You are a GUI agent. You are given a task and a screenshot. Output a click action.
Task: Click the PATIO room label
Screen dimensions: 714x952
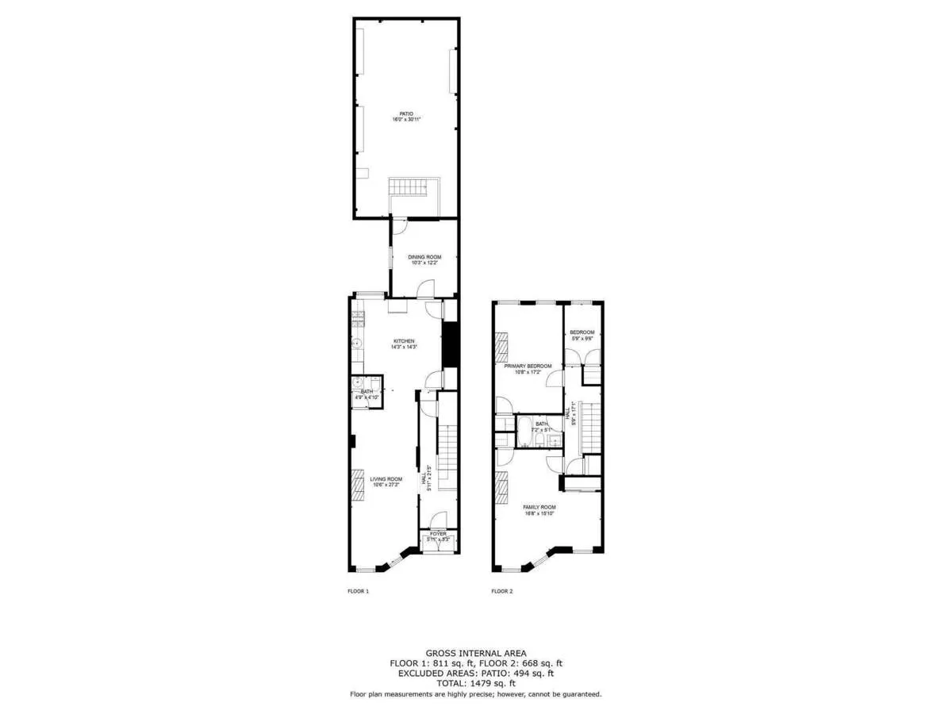point(405,117)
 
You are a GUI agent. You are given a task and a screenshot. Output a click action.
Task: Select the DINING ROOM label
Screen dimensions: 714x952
point(424,259)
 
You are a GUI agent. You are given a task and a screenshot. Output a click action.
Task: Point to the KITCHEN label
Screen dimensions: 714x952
point(404,344)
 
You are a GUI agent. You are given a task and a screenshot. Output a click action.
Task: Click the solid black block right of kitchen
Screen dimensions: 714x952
point(450,344)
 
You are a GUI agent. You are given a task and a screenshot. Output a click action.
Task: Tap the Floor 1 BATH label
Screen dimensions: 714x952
point(366,393)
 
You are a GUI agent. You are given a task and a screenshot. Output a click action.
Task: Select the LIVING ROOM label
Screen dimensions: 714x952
point(386,481)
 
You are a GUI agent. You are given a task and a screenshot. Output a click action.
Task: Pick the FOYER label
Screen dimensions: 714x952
point(438,536)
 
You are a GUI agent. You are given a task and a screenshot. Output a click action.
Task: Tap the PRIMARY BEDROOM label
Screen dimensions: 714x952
point(528,368)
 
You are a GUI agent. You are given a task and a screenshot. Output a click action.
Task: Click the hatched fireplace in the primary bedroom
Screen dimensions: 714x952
point(501,346)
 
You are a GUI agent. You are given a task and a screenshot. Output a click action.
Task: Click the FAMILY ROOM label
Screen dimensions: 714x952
point(539,509)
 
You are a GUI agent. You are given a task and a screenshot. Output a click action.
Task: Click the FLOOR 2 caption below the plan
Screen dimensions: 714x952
point(501,591)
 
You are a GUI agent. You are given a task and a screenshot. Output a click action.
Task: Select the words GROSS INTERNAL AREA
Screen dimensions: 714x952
point(475,653)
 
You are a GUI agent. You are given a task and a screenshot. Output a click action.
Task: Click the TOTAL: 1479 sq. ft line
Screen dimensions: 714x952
point(475,683)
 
